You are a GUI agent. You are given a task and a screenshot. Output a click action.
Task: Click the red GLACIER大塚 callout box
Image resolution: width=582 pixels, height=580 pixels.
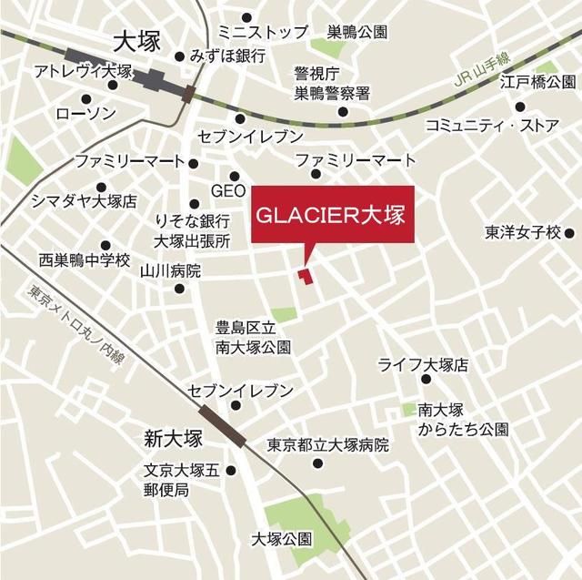(332, 216)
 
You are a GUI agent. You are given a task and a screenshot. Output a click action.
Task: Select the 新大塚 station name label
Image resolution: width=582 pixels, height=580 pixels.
(171, 439)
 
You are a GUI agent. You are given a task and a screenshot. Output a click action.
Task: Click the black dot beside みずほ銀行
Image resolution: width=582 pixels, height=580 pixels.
(181, 56)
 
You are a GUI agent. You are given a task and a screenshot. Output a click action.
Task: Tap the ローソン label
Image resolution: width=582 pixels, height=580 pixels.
(85, 114)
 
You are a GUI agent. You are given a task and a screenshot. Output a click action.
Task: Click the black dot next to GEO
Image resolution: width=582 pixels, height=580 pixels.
(235, 176)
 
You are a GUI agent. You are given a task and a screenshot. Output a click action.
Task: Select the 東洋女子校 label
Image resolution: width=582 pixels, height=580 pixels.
(523, 231)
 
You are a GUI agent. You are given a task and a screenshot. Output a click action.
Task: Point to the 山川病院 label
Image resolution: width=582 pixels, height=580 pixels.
(171, 271)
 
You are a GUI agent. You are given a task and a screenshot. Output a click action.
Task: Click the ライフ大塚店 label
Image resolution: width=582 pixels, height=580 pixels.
(423, 365)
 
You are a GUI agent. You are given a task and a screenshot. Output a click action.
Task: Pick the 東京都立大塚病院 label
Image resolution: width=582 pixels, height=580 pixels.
(327, 446)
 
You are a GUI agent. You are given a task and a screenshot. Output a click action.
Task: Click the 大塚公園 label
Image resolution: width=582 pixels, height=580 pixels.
(282, 539)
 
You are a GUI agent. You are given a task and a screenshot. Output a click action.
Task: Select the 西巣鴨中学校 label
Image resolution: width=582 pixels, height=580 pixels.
(85, 259)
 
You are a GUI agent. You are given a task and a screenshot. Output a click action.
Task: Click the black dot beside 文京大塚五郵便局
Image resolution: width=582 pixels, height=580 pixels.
(231, 471)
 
